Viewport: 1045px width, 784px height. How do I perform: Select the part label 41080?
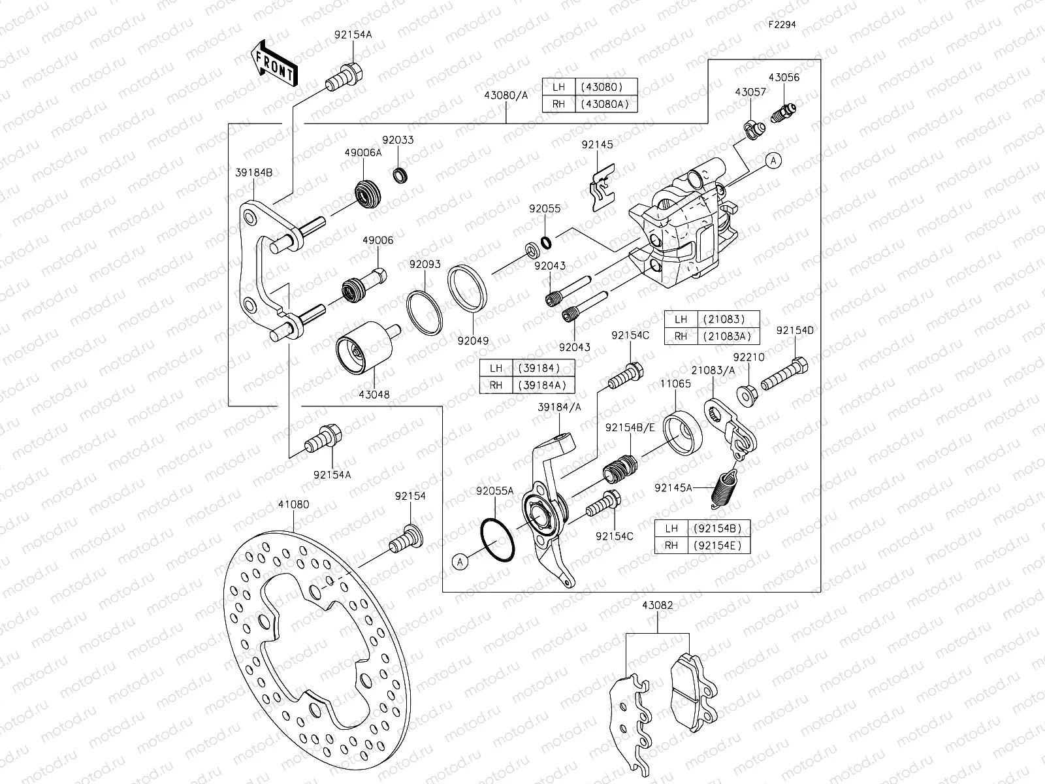coord(293,504)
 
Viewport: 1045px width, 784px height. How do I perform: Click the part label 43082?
coord(657,606)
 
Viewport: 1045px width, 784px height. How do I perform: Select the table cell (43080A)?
coord(605,104)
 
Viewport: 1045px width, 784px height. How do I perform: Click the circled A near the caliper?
coord(773,161)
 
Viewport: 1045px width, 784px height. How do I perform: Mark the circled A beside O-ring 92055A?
coord(460,561)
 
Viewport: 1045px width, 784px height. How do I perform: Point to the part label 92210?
coord(748,357)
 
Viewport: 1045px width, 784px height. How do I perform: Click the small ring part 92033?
coord(400,176)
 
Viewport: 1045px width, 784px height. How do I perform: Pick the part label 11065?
coord(675,384)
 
